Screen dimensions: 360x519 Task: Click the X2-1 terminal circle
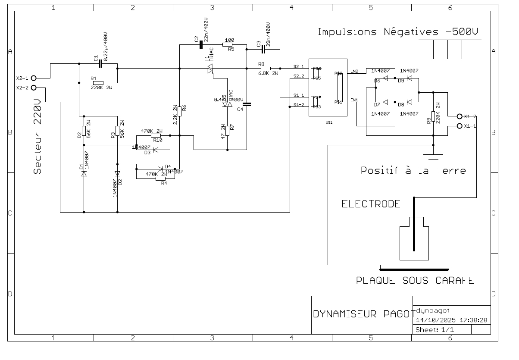pyautogui.click(x=34, y=78)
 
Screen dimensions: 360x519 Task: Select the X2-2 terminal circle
pyautogui.click(x=34, y=88)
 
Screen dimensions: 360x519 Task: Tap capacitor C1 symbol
pyautogui.click(x=100, y=64)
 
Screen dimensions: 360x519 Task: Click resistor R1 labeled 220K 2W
pyautogui.click(x=98, y=82)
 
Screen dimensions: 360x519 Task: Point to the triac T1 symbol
pyautogui.click(x=210, y=68)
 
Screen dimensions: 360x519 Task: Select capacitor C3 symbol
pyautogui.click(x=263, y=49)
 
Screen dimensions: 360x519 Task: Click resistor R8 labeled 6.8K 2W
pyautogui.click(x=266, y=68)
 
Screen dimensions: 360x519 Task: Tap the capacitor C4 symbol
pyautogui.click(x=247, y=104)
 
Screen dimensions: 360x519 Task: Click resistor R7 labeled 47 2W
pyautogui.click(x=228, y=129)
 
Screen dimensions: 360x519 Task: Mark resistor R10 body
pyautogui.click(x=156, y=135)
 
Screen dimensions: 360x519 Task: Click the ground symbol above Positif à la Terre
pyautogui.click(x=433, y=156)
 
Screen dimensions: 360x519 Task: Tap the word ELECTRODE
pyautogui.click(x=371, y=204)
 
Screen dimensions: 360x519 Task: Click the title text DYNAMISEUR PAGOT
pyautogui.click(x=361, y=314)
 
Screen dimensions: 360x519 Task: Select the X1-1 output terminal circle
pyautogui.click(x=460, y=126)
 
